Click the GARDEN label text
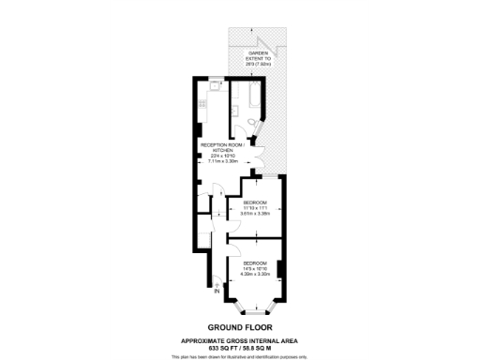click(259, 52)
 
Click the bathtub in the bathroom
click(256, 94)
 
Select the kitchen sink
click(216, 85)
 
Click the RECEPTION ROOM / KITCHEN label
click(222, 148)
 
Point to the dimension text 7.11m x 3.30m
click(222, 161)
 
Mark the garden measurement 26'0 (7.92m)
click(259, 65)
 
